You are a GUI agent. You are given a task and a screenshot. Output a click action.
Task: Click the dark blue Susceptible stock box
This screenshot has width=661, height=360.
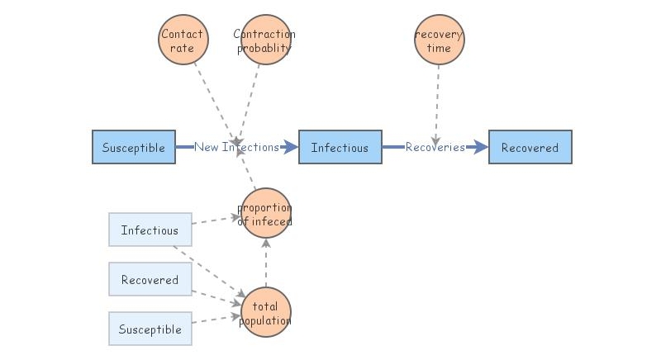133,148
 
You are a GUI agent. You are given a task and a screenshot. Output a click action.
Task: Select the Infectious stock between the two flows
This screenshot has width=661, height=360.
340,148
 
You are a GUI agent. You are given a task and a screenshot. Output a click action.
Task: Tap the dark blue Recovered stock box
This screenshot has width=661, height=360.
530,148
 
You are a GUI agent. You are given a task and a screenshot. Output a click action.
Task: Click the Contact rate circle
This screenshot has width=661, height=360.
183,40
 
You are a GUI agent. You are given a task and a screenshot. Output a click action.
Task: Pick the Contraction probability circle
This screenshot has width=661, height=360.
264,40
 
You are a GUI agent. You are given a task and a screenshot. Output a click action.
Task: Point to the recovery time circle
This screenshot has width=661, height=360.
439,40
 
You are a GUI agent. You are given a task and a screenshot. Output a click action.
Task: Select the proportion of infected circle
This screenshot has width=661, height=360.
265,214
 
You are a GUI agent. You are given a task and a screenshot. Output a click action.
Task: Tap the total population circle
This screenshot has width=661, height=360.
265,313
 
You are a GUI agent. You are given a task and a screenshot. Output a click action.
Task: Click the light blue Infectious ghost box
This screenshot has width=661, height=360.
150,230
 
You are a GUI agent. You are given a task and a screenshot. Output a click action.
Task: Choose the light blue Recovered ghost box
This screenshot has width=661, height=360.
150,280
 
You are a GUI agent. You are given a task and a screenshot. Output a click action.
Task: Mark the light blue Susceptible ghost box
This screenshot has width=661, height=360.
150,329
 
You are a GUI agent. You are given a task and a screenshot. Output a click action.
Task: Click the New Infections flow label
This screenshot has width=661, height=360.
236,148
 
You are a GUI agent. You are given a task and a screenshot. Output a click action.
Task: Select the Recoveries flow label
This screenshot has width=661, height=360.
435,148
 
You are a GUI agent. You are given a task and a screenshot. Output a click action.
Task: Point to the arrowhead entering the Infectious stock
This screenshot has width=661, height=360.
290,148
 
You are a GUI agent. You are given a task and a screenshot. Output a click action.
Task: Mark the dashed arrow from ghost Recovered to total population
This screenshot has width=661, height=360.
216,296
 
